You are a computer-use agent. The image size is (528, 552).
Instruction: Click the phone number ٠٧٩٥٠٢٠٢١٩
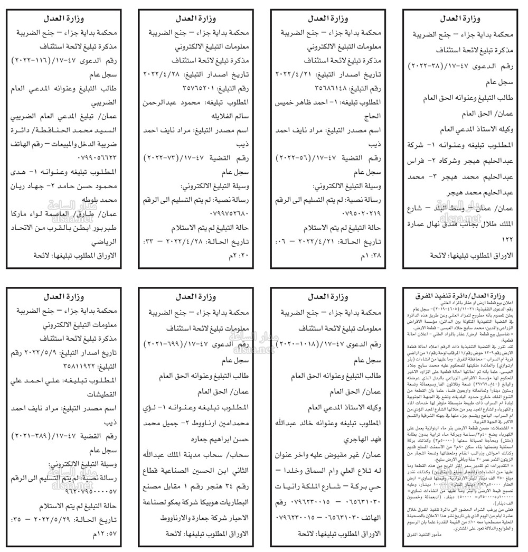pyautogui.click(x=295, y=215)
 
